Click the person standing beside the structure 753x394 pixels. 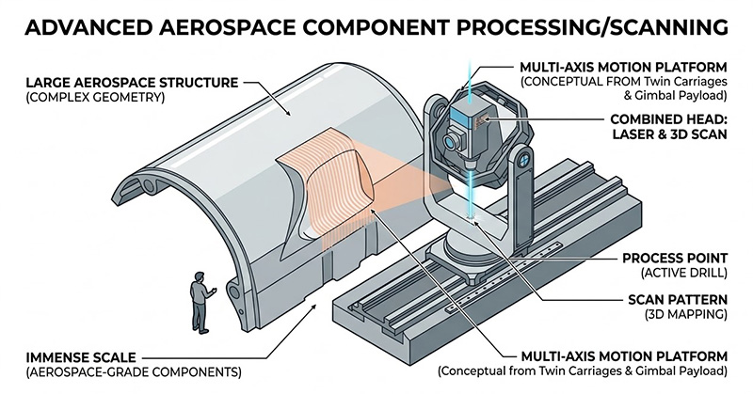coord(200,300)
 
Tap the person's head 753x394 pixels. coord(200,276)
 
